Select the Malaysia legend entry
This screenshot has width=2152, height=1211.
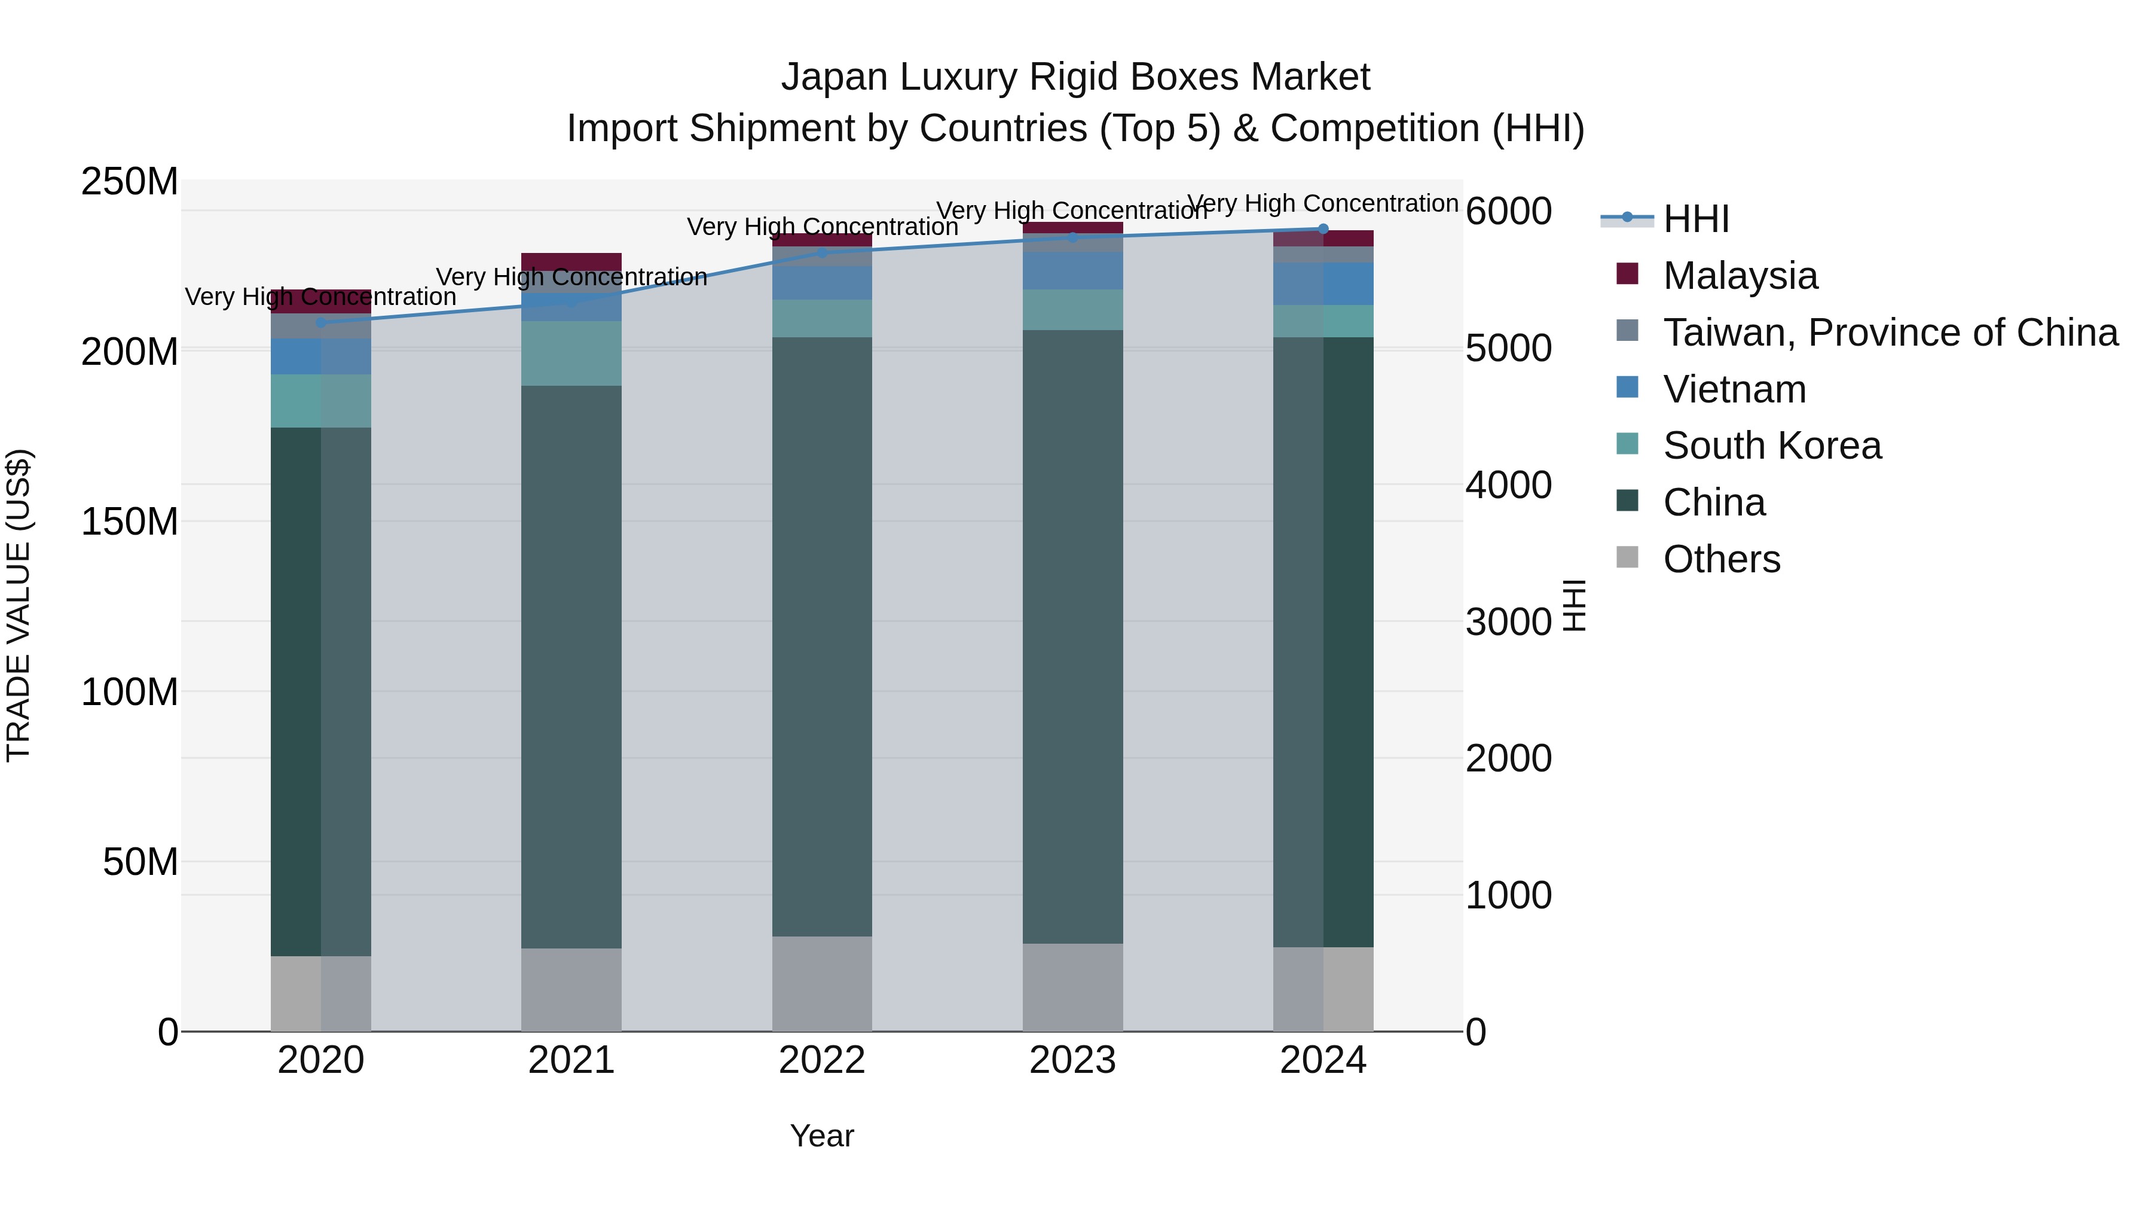1740,276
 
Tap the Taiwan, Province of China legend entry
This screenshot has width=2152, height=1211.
1890,333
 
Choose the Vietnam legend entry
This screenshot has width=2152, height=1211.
1734,389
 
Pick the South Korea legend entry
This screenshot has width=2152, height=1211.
1771,446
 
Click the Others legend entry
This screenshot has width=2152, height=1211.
1721,559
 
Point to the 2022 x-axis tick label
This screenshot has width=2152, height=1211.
821,1060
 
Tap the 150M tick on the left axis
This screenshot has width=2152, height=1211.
130,521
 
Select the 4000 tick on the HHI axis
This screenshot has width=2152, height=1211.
1508,486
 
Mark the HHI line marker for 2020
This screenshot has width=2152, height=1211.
321,322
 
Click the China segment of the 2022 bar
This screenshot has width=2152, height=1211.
821,635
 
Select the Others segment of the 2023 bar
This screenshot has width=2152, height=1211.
1072,987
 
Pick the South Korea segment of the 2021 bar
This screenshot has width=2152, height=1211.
571,353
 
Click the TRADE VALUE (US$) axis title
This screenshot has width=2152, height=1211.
19,605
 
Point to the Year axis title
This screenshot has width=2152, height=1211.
821,1136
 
